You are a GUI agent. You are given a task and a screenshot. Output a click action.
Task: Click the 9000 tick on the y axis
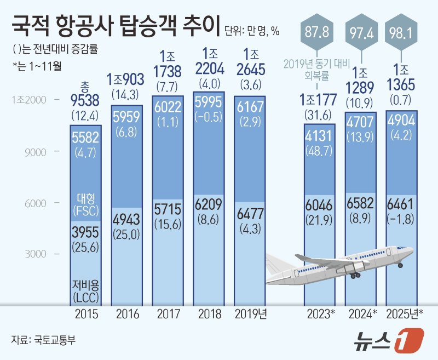click(x=36, y=152)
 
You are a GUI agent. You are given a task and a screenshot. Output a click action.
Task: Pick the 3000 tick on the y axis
click(x=36, y=254)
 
